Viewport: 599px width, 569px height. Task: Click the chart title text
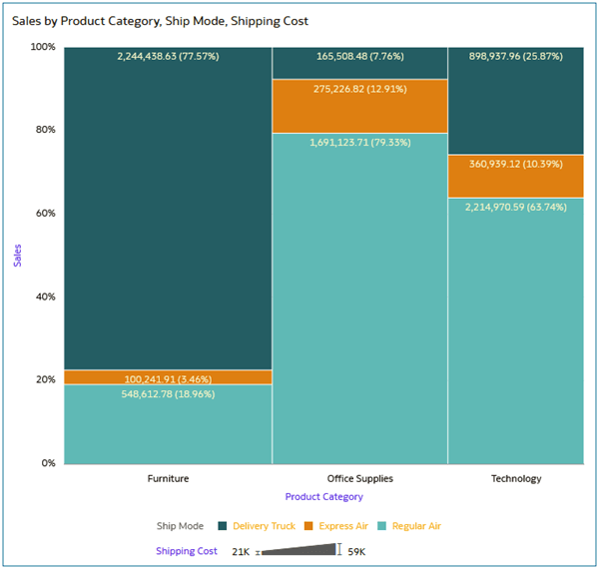coord(160,21)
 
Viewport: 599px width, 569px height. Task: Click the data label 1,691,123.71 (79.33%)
coord(359,142)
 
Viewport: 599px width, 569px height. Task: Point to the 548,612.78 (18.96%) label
coord(168,394)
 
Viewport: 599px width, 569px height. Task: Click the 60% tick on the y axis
coord(44,213)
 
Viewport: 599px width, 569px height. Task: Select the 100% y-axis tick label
coord(42,47)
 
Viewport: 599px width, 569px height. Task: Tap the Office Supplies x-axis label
coord(359,478)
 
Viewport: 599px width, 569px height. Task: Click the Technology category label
coord(515,478)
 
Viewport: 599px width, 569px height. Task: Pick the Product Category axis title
coord(323,496)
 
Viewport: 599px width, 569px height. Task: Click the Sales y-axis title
coord(17,255)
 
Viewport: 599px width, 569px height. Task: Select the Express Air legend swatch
coord(309,526)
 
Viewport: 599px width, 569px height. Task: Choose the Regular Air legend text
coord(416,526)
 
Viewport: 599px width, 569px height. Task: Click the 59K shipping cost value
coord(356,551)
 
